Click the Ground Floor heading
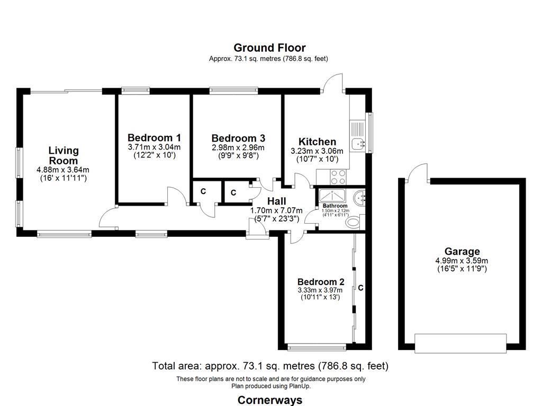pyautogui.click(x=269, y=48)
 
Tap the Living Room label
pyautogui.click(x=64, y=156)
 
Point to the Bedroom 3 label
pyautogui.click(x=238, y=138)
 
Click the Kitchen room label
pyautogui.click(x=317, y=142)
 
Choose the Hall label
pyautogui.click(x=276, y=201)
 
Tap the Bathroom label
pyautogui.click(x=335, y=206)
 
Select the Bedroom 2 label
pyautogui.click(x=321, y=282)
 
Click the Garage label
pyautogui.click(x=462, y=252)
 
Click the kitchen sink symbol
pyautogui.click(x=359, y=141)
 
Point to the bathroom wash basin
pyautogui.click(x=362, y=197)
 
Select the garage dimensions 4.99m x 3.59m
pyautogui.click(x=462, y=261)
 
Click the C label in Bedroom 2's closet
pyautogui.click(x=360, y=288)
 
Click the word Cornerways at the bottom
pyautogui.click(x=270, y=400)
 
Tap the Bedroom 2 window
pyautogui.click(x=317, y=347)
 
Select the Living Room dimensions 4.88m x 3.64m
pyautogui.click(x=63, y=170)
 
